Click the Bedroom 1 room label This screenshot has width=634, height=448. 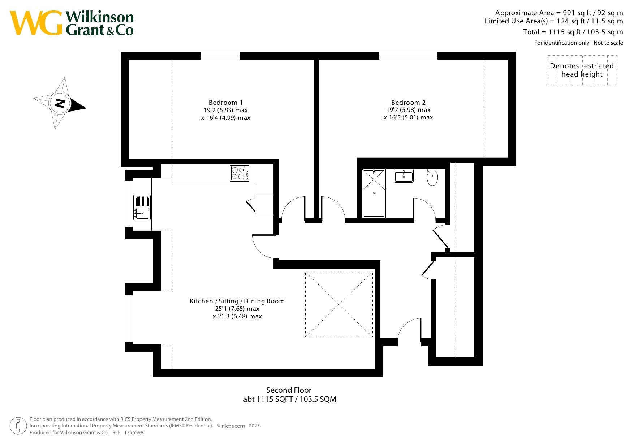coord(226,103)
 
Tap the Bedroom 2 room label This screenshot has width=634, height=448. coord(409,103)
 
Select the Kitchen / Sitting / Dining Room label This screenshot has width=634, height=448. coord(237,301)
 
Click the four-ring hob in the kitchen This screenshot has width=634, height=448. coord(240,173)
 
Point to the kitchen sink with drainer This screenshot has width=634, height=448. coord(142,207)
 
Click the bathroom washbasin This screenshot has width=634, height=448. coord(404,176)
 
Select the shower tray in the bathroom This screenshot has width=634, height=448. coord(374,193)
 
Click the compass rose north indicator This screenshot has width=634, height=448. coord(60,103)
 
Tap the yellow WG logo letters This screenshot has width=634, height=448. coord(36,23)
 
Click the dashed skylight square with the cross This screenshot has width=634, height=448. coord(339,304)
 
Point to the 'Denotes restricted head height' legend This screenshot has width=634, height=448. coord(582,70)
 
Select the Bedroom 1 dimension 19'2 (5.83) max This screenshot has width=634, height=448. coord(226,110)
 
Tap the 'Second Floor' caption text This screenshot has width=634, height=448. coord(289,390)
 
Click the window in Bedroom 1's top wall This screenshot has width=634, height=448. coord(220,56)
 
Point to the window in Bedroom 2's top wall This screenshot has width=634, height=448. coord(408,56)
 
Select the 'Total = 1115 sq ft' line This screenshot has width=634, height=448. coord(573,32)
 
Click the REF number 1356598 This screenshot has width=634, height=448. coord(134,432)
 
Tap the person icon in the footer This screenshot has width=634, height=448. coord(18,426)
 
